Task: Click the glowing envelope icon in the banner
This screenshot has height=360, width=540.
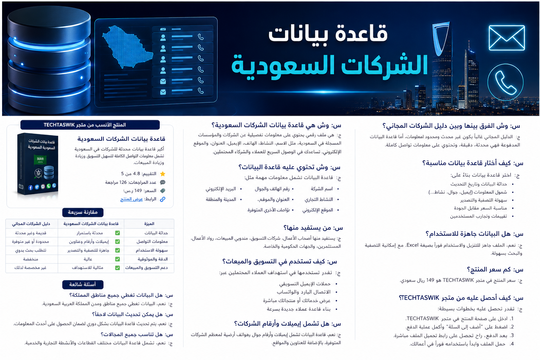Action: click(x=507, y=38)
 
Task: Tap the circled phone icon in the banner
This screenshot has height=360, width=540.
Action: click(x=505, y=82)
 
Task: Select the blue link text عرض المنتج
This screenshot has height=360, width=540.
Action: click(x=131, y=199)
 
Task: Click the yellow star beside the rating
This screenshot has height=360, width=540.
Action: click(x=163, y=174)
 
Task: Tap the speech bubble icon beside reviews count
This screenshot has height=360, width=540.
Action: click(x=163, y=182)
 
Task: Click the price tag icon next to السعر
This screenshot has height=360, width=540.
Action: click(x=163, y=191)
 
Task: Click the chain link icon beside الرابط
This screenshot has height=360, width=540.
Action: click(x=163, y=199)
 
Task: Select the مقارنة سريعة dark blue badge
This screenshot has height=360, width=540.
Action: click(x=83, y=212)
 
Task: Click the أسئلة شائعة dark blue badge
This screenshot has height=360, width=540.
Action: click(x=83, y=284)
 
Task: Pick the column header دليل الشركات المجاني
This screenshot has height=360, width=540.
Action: click(x=31, y=224)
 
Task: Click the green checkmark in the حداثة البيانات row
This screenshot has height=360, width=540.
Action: click(x=117, y=233)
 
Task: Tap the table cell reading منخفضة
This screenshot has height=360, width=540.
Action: click(x=30, y=259)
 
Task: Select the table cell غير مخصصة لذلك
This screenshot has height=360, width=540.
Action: click(x=30, y=268)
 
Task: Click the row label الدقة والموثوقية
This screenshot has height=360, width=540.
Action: click(x=152, y=259)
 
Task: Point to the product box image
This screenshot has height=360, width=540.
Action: click(x=38, y=164)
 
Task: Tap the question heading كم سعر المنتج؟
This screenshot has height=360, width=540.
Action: click(x=495, y=270)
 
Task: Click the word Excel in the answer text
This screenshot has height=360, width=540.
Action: click(x=412, y=245)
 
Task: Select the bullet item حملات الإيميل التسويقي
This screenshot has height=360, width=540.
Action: click(x=305, y=284)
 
